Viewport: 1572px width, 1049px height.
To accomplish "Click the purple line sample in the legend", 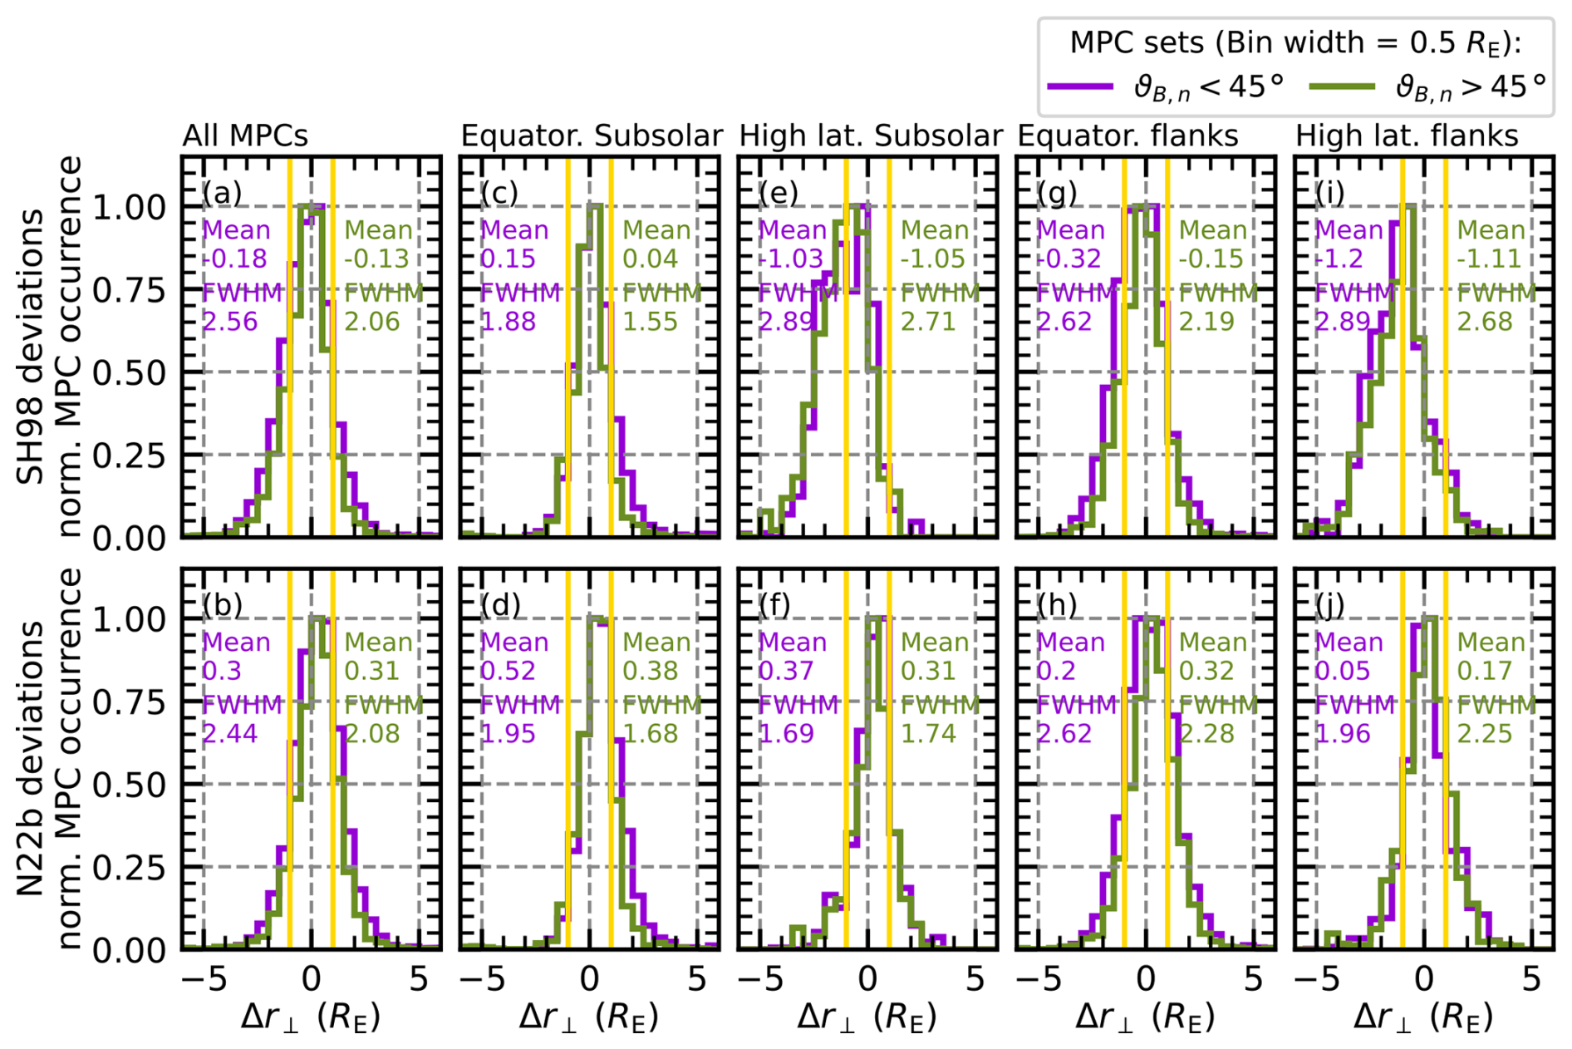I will [x=1080, y=86].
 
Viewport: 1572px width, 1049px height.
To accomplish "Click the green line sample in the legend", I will [x=1341, y=86].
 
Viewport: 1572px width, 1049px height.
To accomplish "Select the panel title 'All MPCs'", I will [x=245, y=135].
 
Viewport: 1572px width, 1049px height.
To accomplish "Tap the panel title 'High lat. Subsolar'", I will [x=871, y=135].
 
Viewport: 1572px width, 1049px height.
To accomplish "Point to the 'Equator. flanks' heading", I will [x=1127, y=135].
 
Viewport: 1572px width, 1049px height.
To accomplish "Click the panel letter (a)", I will [x=222, y=193].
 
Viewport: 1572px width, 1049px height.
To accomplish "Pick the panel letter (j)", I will [x=1330, y=605].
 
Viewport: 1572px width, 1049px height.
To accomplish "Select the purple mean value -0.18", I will [x=235, y=259].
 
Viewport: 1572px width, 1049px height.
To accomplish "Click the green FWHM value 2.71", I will [x=928, y=321].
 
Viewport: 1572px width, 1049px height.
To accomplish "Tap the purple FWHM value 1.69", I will [x=786, y=733].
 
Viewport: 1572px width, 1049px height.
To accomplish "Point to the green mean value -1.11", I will [x=1488, y=259].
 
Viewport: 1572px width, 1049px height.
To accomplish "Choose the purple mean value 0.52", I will [x=508, y=671].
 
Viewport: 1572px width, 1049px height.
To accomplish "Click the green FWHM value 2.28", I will [x=1206, y=733].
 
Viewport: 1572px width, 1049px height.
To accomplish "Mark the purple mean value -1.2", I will [x=1339, y=259].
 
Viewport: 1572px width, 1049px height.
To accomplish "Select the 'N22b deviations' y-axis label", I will [x=32, y=758].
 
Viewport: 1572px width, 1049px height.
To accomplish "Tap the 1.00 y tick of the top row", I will [x=129, y=207].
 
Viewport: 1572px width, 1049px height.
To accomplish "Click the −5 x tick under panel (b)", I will [x=204, y=979].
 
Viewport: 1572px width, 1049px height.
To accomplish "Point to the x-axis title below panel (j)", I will [x=1423, y=1017].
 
